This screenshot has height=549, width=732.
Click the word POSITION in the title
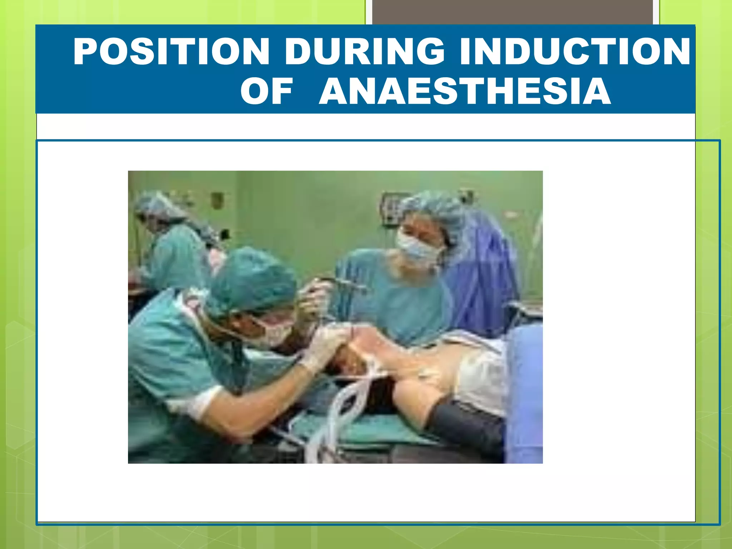[172, 52]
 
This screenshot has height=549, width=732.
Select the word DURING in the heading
[365, 52]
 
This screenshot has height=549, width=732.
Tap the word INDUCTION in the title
[575, 52]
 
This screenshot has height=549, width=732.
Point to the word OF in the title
[266, 92]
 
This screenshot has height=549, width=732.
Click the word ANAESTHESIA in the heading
[465, 92]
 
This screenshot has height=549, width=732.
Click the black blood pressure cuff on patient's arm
[465, 425]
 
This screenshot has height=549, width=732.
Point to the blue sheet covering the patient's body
[524, 393]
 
